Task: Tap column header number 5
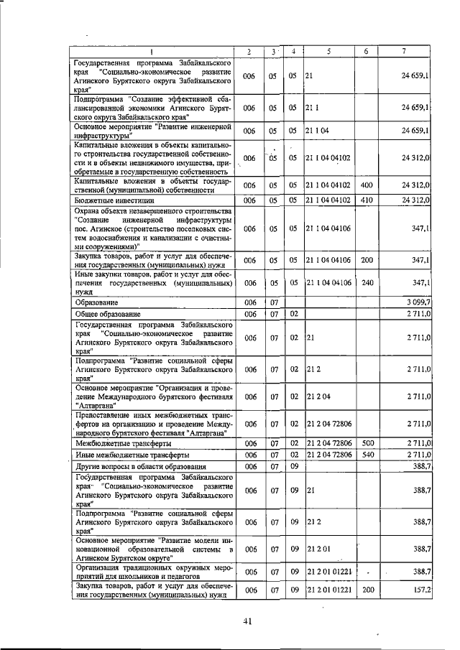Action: (x=328, y=52)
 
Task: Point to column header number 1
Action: (x=152, y=52)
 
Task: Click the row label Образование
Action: (x=97, y=304)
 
